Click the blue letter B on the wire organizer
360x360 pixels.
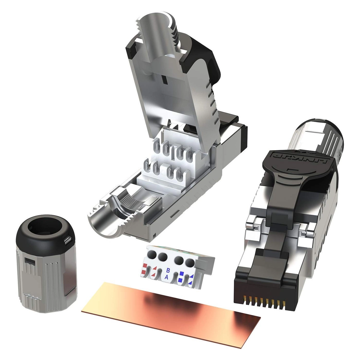click(x=168, y=270)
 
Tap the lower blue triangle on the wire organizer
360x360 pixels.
click(x=191, y=283)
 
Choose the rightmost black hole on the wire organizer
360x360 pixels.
click(x=190, y=263)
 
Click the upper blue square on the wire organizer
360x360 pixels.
click(x=182, y=273)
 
